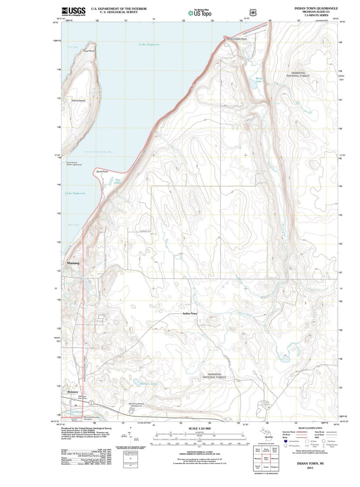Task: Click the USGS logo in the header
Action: pos(73,11)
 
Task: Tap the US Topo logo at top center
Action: pos(200,13)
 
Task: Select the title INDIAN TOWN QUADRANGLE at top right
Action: pos(316,8)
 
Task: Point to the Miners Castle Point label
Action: pos(236,39)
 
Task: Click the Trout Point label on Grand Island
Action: pos(89,51)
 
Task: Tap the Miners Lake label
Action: pos(259,80)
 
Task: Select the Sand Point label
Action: pos(102,171)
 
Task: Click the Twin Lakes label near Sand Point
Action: pos(118,181)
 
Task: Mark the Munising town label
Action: pos(73,263)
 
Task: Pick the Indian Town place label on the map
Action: pos(190,314)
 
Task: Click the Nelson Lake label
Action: pos(149,384)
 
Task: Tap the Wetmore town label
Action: pos(73,392)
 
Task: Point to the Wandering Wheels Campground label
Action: pos(136,405)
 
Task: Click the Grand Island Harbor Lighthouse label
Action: pos(74,164)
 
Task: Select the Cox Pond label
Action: pos(76,412)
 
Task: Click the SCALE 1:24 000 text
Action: pos(199,428)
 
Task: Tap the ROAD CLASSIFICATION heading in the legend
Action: pos(310,428)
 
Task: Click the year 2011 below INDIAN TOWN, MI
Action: pos(310,468)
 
